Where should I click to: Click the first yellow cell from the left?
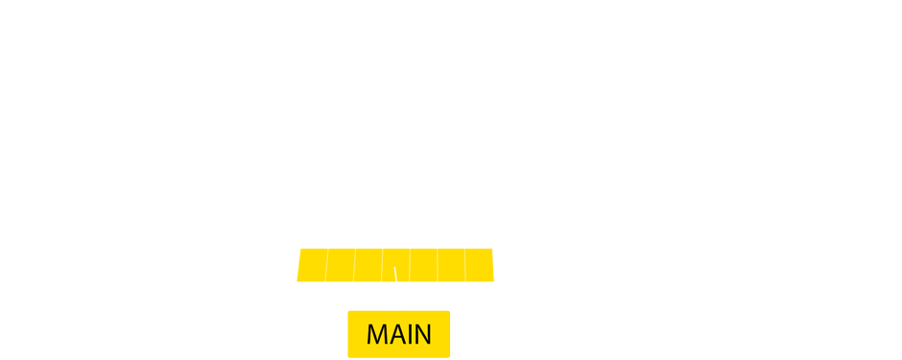[311, 265]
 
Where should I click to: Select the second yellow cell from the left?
[340, 265]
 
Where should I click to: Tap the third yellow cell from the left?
[368, 265]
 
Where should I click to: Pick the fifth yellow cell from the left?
[423, 265]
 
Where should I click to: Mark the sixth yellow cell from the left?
[451, 265]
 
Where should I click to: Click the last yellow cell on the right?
[480, 265]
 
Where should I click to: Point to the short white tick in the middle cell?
[395, 275]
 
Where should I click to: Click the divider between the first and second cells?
[326, 265]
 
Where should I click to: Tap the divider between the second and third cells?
[354, 265]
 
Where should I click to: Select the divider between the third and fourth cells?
[382, 265]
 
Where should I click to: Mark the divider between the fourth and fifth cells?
[410, 265]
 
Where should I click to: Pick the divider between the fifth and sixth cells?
[438, 265]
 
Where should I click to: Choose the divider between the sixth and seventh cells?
[465, 265]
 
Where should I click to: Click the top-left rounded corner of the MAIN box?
[350, 313]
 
